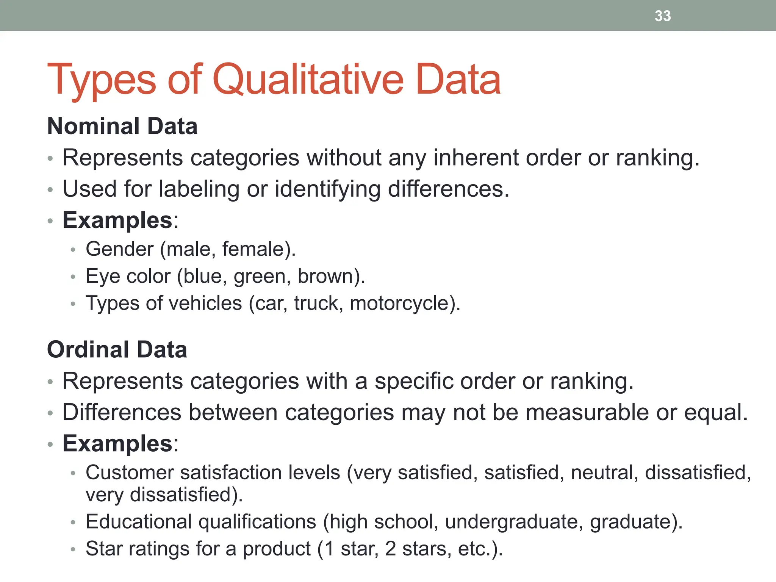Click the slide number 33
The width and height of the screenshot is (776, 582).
pos(663,16)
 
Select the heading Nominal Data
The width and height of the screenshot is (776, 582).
pos(122,126)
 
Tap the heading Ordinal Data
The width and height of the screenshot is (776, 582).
pos(117,349)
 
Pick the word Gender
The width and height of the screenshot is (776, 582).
pos(120,249)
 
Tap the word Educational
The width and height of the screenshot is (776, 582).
pos(139,522)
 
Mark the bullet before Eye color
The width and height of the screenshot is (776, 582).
pos(73,277)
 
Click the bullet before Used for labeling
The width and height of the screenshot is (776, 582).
pos(50,189)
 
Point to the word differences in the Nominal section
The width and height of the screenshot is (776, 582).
pos(447,189)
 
